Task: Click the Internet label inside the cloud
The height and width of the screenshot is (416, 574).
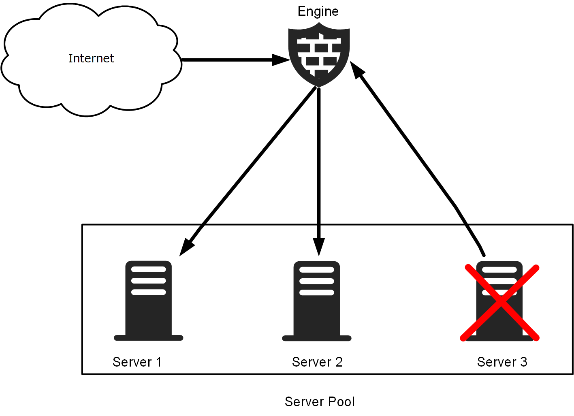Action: click(91, 58)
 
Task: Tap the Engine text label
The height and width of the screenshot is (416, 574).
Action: click(318, 11)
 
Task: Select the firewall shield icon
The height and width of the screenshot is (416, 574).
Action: click(319, 55)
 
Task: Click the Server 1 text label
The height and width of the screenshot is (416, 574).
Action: click(137, 362)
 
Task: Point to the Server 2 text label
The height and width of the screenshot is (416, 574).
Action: click(317, 362)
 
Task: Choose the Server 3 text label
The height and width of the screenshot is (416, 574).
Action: click(502, 362)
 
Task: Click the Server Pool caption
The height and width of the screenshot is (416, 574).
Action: click(320, 401)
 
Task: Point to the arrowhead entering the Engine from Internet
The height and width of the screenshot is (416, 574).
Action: click(281, 60)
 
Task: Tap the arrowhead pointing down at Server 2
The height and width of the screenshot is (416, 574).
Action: click(319, 247)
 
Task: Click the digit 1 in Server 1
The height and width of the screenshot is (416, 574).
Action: click(159, 362)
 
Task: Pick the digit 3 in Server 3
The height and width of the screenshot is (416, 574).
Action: click(523, 362)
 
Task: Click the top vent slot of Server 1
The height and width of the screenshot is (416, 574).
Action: click(149, 269)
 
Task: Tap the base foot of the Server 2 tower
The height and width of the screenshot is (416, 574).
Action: click(317, 338)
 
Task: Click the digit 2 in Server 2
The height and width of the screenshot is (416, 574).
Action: click(339, 362)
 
